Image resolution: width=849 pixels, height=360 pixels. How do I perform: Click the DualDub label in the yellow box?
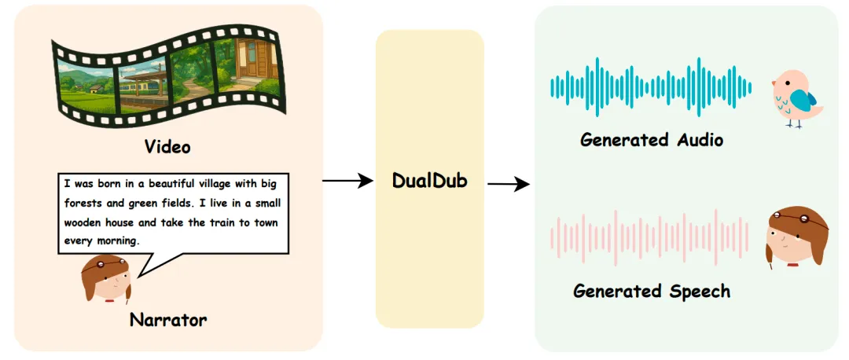429,180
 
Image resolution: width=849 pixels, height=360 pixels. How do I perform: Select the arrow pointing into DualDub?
347,181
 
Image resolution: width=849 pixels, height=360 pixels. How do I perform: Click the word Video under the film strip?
167,147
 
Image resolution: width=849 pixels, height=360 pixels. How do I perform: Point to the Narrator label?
168,320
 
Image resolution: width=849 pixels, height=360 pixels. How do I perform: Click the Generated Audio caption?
652,140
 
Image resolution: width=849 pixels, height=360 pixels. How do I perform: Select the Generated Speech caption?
652,292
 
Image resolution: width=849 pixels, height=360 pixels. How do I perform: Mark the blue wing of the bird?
803,100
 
